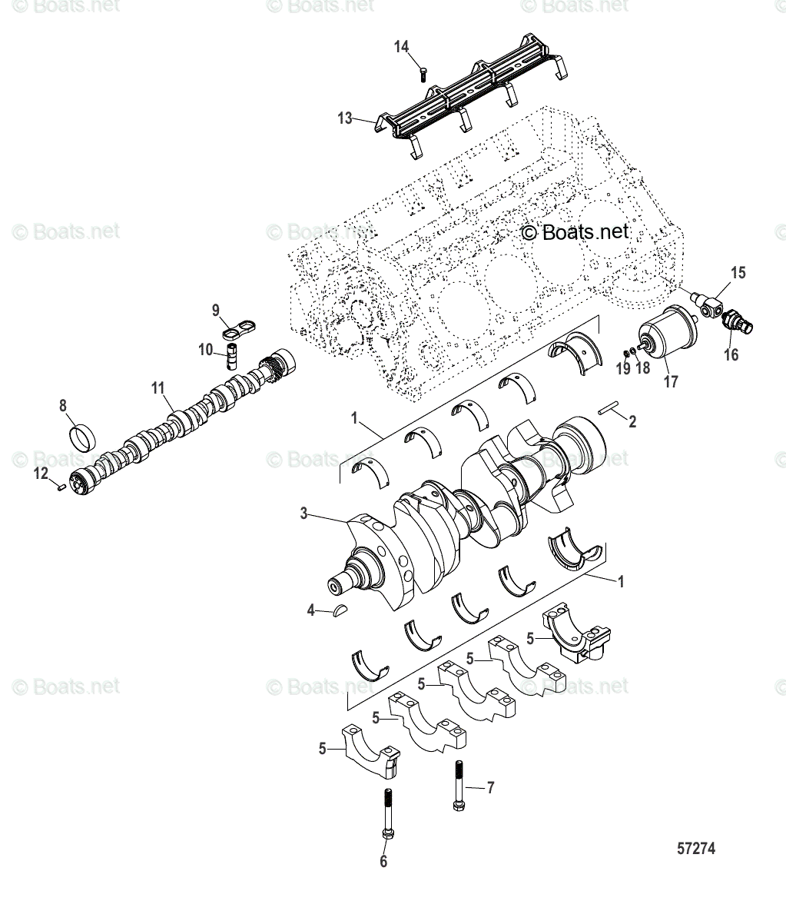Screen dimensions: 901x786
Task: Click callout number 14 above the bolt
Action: pyautogui.click(x=402, y=47)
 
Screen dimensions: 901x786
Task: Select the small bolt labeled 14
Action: pyautogui.click(x=423, y=74)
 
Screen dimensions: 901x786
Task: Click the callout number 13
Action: pyautogui.click(x=345, y=118)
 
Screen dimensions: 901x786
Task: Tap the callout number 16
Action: pyautogui.click(x=730, y=354)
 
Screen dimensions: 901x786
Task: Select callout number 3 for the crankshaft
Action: pyautogui.click(x=304, y=514)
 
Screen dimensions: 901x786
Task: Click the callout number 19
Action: pyautogui.click(x=623, y=369)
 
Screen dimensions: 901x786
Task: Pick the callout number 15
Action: pyautogui.click(x=738, y=273)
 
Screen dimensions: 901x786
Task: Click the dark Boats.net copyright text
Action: pyautogui.click(x=575, y=231)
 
